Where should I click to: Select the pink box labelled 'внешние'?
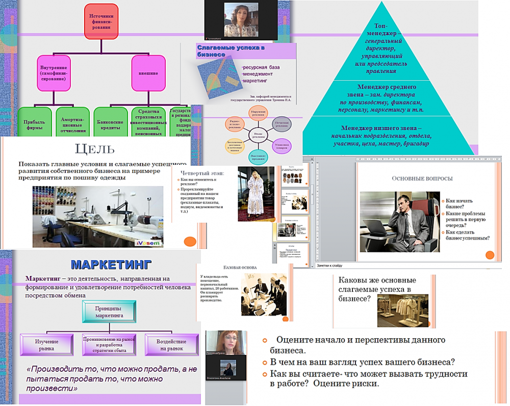coord(148,73)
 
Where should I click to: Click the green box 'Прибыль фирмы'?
coord(35,124)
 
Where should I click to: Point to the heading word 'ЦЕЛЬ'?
coord(94,149)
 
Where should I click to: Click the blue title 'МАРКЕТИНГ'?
coord(111,265)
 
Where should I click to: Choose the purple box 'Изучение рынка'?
coord(46,344)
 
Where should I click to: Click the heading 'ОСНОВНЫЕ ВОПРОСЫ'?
coord(422,179)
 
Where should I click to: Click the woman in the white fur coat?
coord(254,192)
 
